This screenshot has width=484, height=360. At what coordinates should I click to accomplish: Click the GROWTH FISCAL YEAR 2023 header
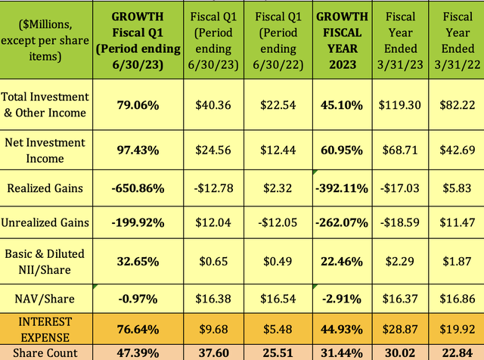point(342,37)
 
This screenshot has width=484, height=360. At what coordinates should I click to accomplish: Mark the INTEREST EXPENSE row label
point(45,330)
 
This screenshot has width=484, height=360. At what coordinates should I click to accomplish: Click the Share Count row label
point(45,352)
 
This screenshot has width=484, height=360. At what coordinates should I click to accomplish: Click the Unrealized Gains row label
point(45,223)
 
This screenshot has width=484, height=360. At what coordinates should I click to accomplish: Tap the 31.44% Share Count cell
point(342,352)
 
